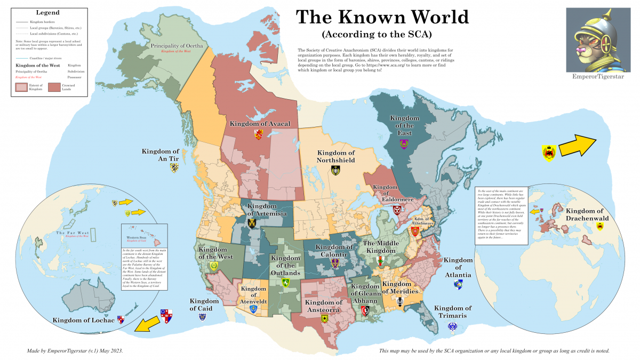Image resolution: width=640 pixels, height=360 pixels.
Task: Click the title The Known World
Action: [382, 17]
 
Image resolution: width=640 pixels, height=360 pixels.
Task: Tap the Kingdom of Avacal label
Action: [260, 124]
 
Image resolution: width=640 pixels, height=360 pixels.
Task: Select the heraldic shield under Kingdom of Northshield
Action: [335, 171]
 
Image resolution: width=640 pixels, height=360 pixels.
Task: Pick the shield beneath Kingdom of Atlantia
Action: [458, 285]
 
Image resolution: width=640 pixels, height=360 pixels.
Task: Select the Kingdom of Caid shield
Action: [203, 317]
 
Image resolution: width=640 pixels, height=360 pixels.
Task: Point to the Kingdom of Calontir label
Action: [334, 251]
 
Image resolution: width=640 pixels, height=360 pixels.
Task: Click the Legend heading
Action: [47, 12]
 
